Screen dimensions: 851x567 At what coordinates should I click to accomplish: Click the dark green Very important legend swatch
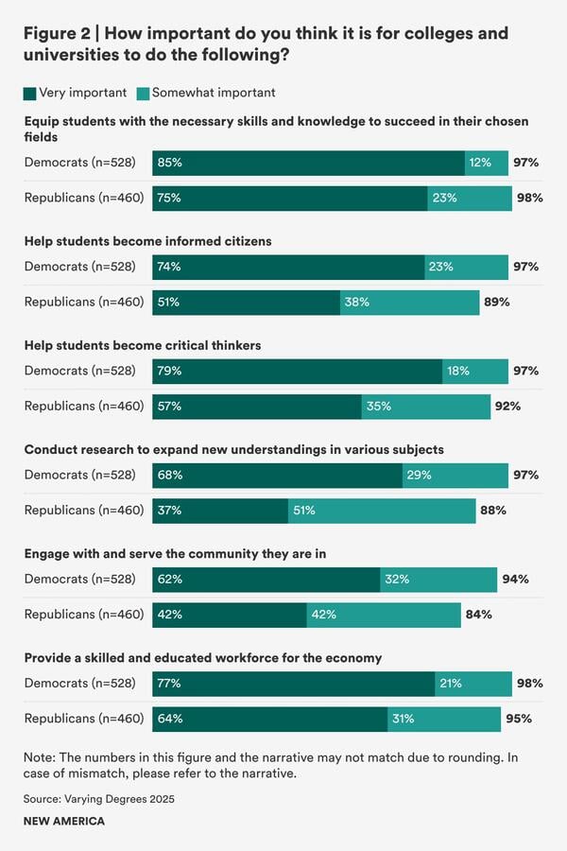[x=29, y=93]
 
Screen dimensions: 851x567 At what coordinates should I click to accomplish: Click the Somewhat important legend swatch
[x=143, y=93]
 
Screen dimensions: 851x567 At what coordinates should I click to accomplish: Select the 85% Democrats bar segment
[x=308, y=163]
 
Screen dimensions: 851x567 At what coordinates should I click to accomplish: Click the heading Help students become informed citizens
[x=148, y=241]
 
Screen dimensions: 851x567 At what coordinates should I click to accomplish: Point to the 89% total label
[x=497, y=303]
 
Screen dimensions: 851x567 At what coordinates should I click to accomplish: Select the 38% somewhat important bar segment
[x=410, y=303]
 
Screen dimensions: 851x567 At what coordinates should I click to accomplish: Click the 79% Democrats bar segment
[x=297, y=371]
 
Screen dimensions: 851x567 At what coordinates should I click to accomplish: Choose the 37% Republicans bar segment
[x=220, y=511]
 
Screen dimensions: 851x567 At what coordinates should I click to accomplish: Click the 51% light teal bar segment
[x=382, y=511]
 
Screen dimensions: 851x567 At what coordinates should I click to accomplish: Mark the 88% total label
[x=493, y=511]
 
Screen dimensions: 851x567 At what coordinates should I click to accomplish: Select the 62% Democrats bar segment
[x=266, y=579]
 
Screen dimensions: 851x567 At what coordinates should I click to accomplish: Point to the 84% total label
[x=478, y=615]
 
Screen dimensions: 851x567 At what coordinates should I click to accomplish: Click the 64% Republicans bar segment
[x=270, y=719]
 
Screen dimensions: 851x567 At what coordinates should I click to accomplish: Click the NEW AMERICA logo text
[x=64, y=822]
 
